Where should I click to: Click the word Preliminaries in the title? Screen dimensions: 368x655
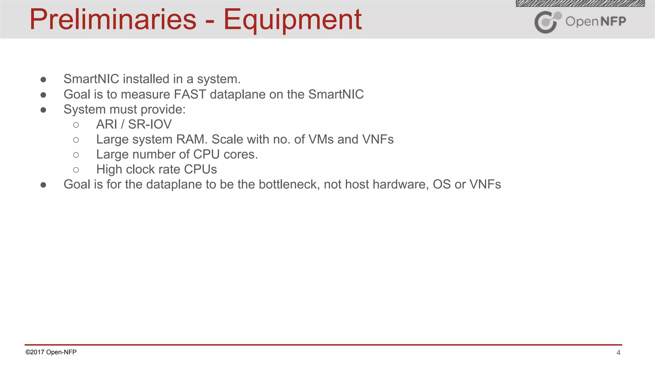click(113, 20)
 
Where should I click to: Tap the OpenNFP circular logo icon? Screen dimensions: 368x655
click(547, 22)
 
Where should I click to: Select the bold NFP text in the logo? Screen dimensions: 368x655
click(613, 21)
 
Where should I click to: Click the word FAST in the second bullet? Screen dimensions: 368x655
click(190, 95)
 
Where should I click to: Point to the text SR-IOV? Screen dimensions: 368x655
click(150, 124)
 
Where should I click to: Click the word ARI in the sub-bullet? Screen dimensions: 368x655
click(107, 124)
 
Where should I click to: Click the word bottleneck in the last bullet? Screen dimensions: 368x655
click(289, 185)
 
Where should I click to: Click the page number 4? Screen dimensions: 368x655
click(618, 353)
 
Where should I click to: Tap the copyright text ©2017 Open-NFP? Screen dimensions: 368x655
click(51, 352)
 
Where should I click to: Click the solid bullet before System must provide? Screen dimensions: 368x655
click(43, 110)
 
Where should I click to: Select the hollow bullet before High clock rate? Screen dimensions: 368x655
click(76, 170)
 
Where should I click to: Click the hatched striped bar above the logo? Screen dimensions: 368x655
click(580, 4)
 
